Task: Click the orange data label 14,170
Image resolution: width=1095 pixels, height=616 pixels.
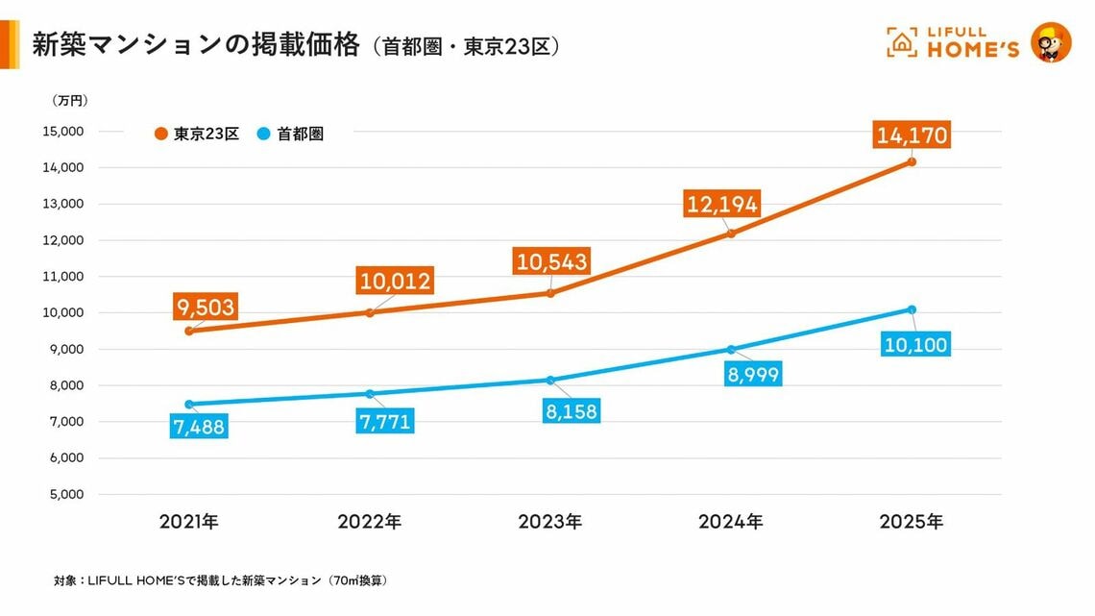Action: coord(912,135)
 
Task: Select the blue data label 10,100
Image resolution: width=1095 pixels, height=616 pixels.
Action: coord(914,344)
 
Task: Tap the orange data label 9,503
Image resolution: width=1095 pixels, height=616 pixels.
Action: coord(206,307)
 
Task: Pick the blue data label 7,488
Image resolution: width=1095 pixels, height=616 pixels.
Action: coord(200,427)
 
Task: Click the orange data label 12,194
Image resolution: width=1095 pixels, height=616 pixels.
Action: coord(721,204)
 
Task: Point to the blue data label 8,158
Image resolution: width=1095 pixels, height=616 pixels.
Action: coord(572,412)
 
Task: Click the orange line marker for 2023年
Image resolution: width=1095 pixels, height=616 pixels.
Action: coord(550,293)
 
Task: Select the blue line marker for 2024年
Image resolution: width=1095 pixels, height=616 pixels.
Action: coord(731,350)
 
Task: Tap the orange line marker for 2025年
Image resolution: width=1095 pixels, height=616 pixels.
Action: coord(912,161)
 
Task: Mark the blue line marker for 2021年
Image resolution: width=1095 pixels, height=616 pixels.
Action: coord(189,405)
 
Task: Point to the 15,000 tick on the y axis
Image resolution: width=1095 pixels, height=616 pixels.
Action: coord(64,132)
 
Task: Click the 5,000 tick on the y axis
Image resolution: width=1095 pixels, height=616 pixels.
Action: coord(66,495)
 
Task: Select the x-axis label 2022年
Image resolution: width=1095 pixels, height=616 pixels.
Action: coord(370,522)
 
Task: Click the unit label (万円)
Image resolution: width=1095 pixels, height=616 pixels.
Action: coord(70,100)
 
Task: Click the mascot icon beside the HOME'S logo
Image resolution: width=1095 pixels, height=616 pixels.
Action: coord(1050,43)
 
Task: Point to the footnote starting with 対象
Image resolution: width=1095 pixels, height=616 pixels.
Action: coord(221,580)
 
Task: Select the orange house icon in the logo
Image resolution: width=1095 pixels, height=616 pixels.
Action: coord(902,42)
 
